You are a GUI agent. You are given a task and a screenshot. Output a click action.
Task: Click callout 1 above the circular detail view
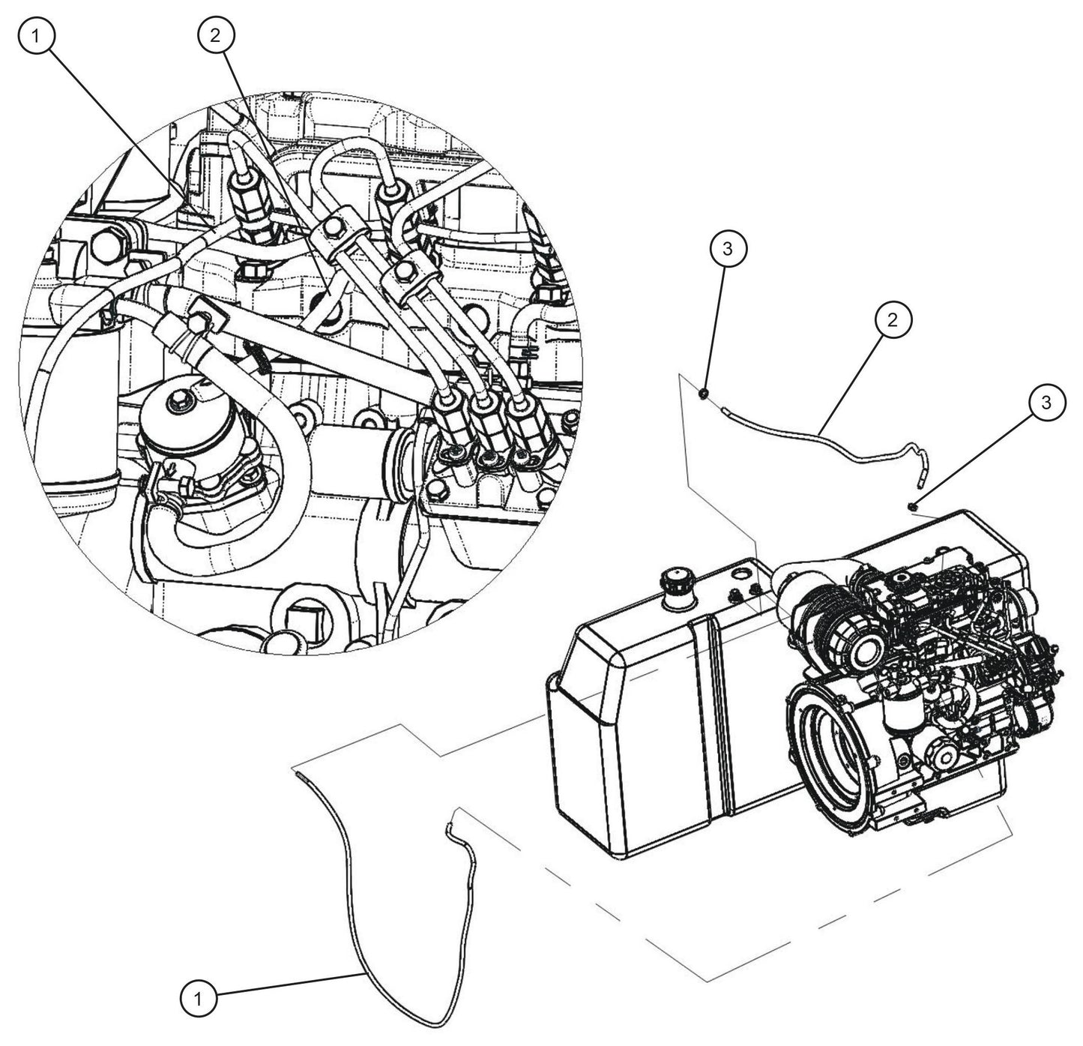[36, 37]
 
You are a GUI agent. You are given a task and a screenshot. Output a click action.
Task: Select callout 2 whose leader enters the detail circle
[216, 36]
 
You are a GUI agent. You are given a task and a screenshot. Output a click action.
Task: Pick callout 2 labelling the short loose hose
[893, 319]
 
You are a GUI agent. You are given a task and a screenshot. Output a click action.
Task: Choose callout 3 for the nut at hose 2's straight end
[728, 249]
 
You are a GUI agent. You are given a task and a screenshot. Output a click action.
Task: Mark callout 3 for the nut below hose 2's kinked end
[1046, 402]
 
